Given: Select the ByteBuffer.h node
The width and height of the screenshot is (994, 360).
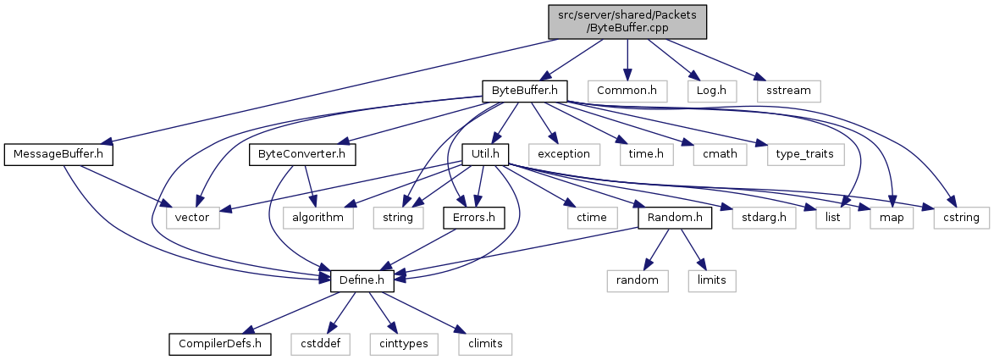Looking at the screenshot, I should (x=524, y=90).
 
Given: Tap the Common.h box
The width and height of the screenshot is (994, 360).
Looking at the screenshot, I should (x=627, y=90).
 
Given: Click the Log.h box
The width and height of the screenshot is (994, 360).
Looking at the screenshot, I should (x=711, y=90).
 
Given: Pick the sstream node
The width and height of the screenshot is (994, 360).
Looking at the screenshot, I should (x=788, y=90).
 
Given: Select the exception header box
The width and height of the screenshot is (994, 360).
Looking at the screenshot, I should (x=564, y=155).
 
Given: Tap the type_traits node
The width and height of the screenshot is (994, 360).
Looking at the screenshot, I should (x=800, y=155).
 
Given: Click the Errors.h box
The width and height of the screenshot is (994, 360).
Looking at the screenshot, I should (x=474, y=219).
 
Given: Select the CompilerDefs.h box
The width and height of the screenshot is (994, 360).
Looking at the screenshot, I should (x=220, y=344).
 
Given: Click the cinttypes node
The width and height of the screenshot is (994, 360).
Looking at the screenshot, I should (x=400, y=344).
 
